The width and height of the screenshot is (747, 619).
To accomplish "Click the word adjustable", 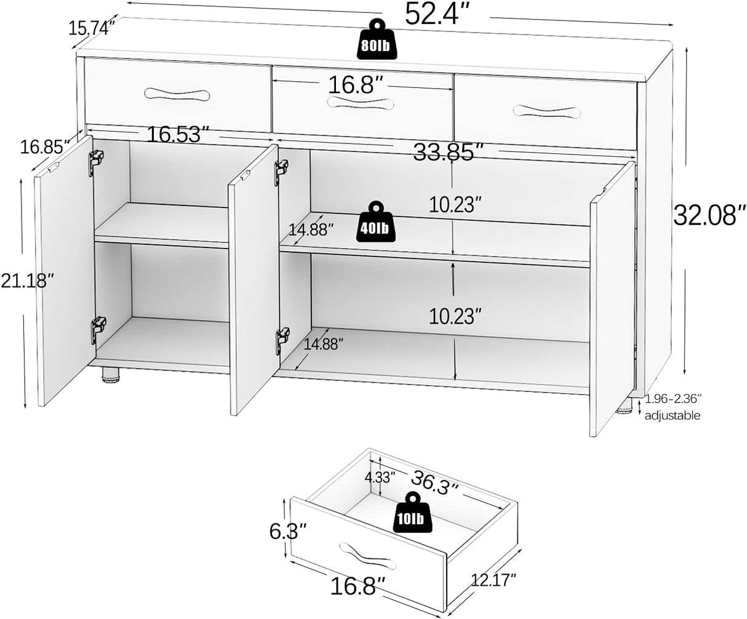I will point(673,415).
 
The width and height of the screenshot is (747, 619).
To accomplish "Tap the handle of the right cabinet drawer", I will point(546,111).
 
